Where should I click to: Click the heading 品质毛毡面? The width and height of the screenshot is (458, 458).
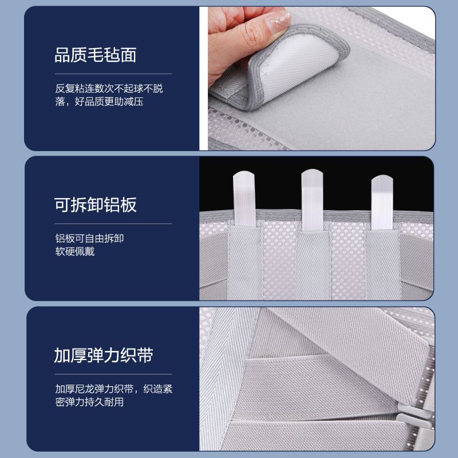[x=95, y=55]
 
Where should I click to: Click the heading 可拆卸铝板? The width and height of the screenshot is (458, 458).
[x=95, y=205]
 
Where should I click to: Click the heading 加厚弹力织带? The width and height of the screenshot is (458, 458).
[x=104, y=355]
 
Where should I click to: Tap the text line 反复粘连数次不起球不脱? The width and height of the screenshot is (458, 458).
[x=109, y=88]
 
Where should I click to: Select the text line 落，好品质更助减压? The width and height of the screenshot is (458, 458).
[x=99, y=102]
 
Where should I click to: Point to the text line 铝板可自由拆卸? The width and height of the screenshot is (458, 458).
[x=89, y=238]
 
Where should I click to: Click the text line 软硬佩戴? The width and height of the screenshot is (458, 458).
[x=75, y=251]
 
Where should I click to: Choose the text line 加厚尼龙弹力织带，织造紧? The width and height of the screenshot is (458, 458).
[x=114, y=389]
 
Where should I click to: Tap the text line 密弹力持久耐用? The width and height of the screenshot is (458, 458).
[x=89, y=402]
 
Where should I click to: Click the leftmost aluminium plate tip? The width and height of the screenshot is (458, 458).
[x=244, y=173]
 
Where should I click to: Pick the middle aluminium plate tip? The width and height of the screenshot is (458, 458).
[x=312, y=171]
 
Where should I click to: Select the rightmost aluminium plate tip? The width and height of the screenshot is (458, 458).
[x=382, y=177]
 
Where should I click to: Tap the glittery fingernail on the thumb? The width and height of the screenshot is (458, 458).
[x=279, y=21]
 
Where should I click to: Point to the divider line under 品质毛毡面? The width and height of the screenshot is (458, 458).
[x=113, y=74]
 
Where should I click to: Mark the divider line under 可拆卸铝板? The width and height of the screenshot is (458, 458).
[x=113, y=224]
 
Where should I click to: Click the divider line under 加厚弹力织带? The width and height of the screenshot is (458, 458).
[x=113, y=374]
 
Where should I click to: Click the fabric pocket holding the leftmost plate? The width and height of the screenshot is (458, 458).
[x=246, y=262]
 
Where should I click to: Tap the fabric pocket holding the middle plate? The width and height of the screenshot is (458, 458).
[x=313, y=265]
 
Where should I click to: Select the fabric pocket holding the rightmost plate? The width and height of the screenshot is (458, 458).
[x=382, y=264]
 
